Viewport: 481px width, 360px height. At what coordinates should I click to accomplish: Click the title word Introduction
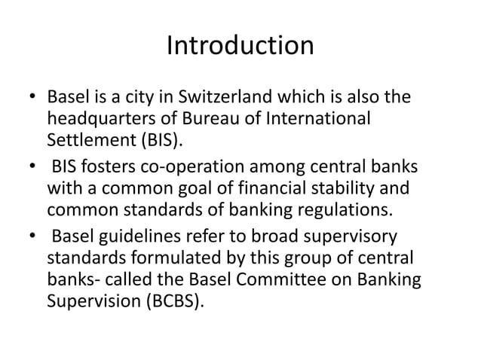(x=240, y=47)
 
